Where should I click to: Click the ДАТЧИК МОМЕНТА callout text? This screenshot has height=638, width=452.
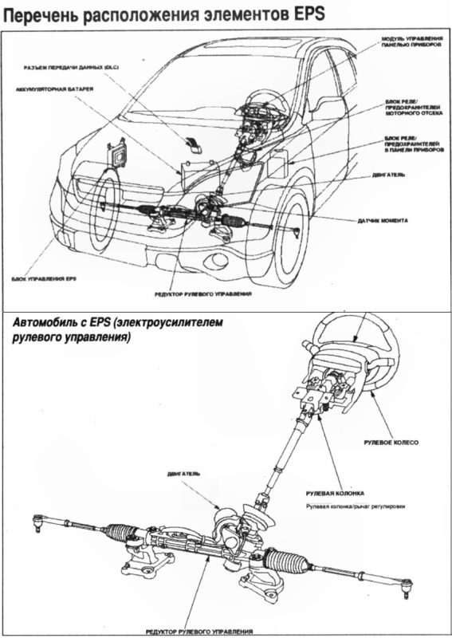[389, 219]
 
